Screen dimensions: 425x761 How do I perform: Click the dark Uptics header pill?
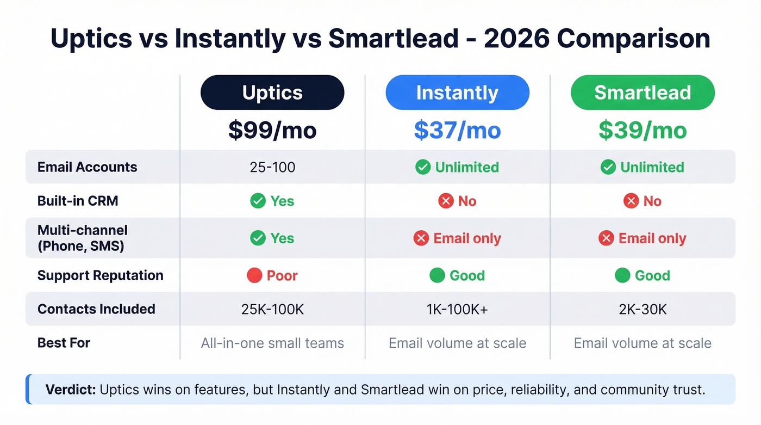(272, 93)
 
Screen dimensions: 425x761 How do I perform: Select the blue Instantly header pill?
(457, 93)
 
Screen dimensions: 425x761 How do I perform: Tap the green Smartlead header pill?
(643, 93)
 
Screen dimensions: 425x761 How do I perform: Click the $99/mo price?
(272, 130)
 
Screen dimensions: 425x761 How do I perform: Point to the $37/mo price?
(457, 130)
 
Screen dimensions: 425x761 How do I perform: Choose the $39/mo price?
(643, 130)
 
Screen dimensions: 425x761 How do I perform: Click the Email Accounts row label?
(87, 167)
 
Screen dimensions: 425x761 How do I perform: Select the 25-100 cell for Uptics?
(272, 167)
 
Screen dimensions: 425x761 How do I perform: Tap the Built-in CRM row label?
(78, 201)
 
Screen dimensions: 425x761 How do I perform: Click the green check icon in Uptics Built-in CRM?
(258, 201)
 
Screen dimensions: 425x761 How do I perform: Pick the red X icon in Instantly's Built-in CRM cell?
(446, 201)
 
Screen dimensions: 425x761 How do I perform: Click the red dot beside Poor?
(254, 275)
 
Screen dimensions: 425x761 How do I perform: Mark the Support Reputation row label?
(100, 275)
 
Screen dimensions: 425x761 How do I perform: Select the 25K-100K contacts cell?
(272, 309)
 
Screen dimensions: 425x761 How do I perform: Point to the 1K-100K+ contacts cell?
(457, 309)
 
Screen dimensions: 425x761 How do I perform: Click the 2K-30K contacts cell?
(643, 309)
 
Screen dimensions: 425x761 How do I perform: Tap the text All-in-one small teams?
(272, 343)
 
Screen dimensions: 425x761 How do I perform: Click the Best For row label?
(64, 343)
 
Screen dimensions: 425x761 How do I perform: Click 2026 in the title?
(519, 39)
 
